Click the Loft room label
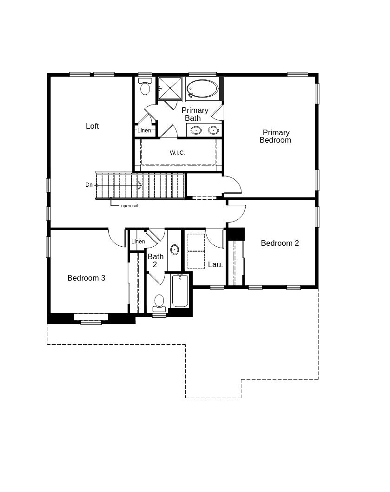click(92, 126)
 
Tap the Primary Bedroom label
click(275, 136)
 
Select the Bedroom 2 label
click(279, 243)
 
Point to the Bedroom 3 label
click(86, 278)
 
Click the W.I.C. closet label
click(177, 153)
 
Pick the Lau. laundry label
click(215, 264)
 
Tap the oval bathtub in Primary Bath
click(202, 89)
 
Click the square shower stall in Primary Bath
click(169, 88)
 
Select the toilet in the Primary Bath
click(145, 86)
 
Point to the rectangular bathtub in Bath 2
click(180, 290)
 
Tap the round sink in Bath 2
click(175, 250)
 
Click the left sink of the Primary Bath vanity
click(196, 130)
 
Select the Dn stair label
click(89, 185)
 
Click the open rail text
click(130, 206)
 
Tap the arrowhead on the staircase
click(139, 185)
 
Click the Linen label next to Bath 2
click(138, 241)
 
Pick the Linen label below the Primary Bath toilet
click(144, 130)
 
